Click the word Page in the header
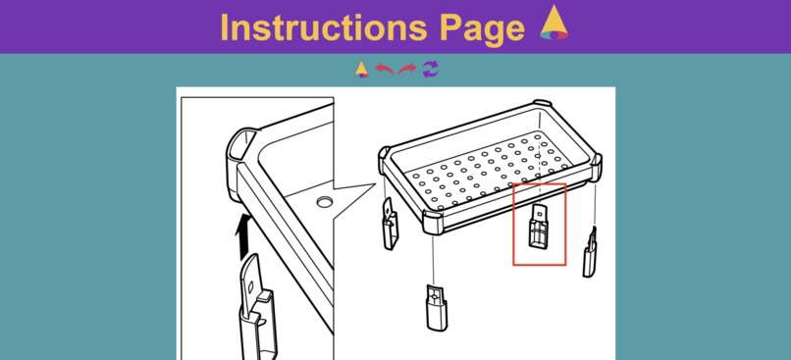click(482, 29)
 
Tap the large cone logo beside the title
click(554, 23)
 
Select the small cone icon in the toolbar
click(361, 70)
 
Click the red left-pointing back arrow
click(385, 69)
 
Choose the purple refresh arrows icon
click(430, 69)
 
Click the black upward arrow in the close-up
click(243, 236)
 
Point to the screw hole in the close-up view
click(325, 202)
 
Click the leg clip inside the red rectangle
click(538, 226)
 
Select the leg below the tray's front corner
click(437, 307)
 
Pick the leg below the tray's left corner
click(390, 224)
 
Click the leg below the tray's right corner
click(589, 252)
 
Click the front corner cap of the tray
click(432, 222)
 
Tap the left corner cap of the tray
click(384, 158)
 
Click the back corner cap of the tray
click(543, 103)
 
